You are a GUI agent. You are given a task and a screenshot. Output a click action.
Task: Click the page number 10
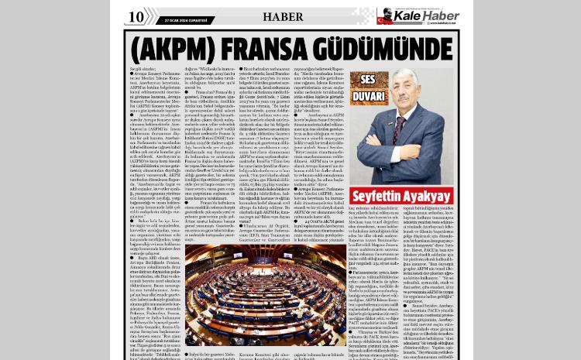click(x=136, y=17)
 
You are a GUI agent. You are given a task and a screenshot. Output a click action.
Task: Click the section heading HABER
click(x=283, y=16)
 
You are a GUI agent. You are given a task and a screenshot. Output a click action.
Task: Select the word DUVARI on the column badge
click(x=370, y=97)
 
